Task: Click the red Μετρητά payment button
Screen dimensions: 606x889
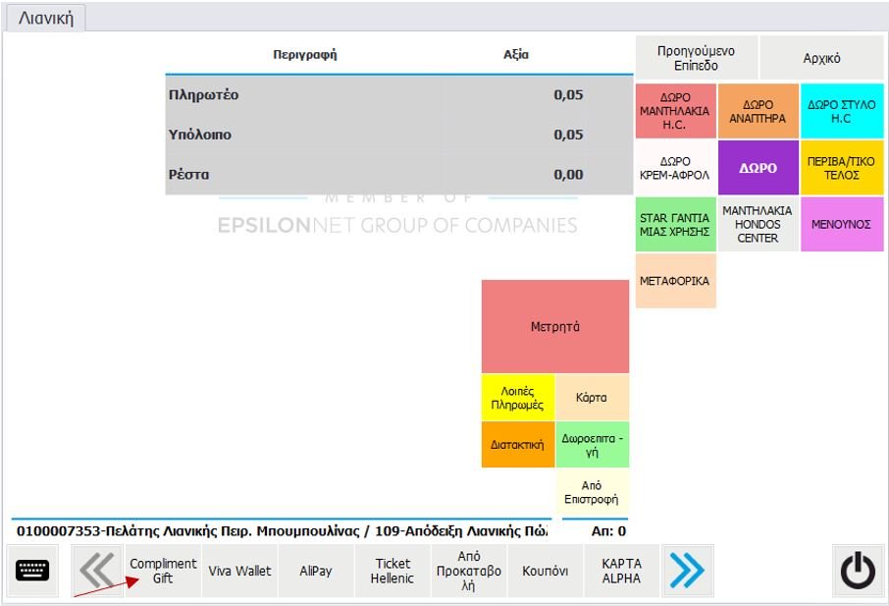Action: (554, 326)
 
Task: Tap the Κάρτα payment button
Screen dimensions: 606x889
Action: (592, 398)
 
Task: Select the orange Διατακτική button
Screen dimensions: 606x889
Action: (517, 445)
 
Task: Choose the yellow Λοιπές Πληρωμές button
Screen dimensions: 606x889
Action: (517, 398)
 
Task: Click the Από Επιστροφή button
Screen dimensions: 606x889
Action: (592, 492)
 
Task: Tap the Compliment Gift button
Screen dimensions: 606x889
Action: (163, 571)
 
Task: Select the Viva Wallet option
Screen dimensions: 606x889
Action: (239, 571)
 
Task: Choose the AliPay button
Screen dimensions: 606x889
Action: (316, 571)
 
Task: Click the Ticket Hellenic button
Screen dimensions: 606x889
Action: (392, 571)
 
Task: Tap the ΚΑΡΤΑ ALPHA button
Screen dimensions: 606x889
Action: (621, 571)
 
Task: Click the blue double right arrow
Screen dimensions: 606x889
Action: (687, 571)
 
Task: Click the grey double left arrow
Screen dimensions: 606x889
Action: (97, 571)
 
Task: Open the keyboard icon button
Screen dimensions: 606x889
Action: (32, 571)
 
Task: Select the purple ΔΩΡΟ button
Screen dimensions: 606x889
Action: (758, 168)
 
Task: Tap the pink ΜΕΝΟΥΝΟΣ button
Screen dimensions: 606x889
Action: (841, 224)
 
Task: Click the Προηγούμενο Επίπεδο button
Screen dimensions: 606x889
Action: (696, 58)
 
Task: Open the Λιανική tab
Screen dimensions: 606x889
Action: (45, 18)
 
